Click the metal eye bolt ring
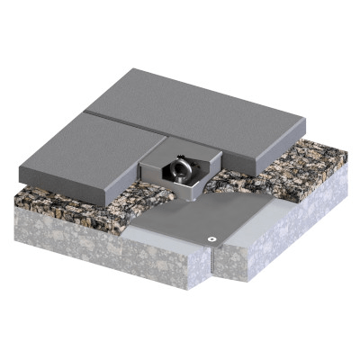pos(183,168)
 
